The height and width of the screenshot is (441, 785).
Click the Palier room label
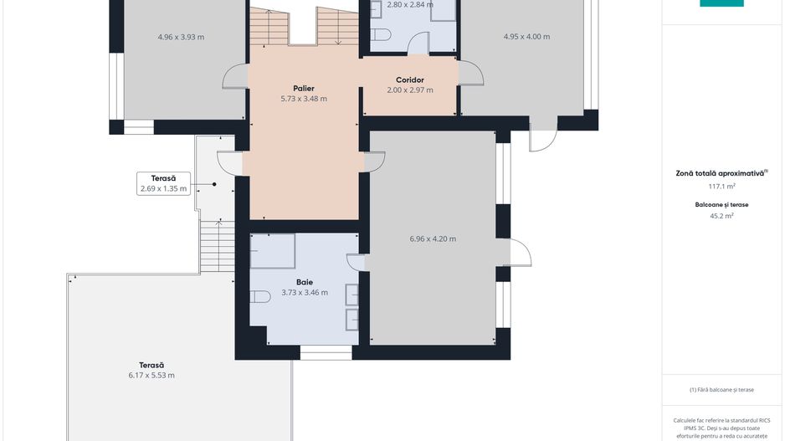pos(304,89)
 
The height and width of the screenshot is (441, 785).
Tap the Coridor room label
pos(409,80)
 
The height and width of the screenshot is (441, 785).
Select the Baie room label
pos(305,282)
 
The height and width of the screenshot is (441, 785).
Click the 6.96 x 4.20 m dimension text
pos(433,238)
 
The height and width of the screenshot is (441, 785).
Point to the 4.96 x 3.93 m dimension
pos(181,37)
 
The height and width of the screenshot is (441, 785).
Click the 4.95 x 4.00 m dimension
pos(526,37)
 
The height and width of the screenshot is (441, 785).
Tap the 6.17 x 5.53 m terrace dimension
pos(151,376)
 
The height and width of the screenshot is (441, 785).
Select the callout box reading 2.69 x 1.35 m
pos(164,183)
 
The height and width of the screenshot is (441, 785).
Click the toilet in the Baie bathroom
pos(260,297)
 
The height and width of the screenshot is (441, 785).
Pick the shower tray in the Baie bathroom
pos(272,251)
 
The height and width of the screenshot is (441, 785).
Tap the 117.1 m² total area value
pos(721,187)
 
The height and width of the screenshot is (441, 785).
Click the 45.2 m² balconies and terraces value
pos(721,216)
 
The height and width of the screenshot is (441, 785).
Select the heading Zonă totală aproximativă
pos(720,173)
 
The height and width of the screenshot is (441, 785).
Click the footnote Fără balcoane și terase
pos(721,389)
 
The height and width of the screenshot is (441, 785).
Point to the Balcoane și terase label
pos(721,205)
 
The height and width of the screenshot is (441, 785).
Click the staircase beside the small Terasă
pos(218,247)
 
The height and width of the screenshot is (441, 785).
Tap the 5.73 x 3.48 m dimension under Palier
pos(304,99)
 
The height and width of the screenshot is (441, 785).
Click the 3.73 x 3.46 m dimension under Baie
pos(305,292)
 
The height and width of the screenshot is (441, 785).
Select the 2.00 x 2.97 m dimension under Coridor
pos(410,90)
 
